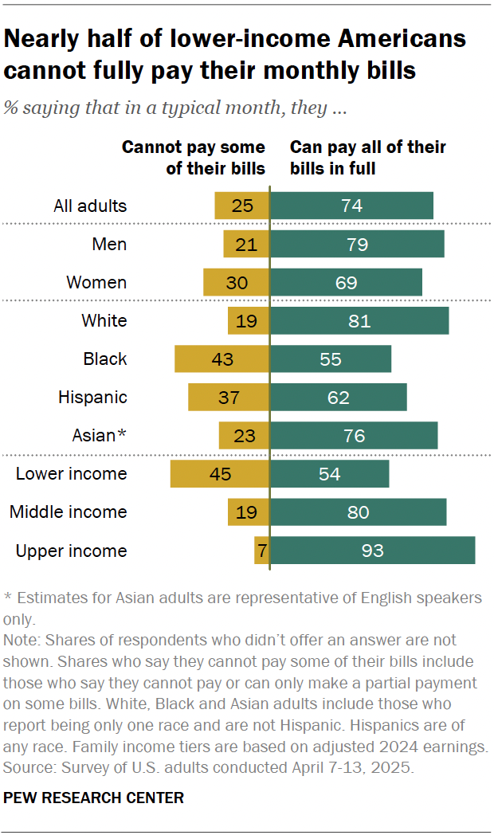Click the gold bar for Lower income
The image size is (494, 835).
pos(220,474)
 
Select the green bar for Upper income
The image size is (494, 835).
pos(373,551)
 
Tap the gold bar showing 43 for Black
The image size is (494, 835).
pos(222,359)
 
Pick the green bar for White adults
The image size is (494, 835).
pos(359,321)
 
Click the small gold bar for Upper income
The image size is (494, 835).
pos(262,551)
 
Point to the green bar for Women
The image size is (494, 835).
pos(347,283)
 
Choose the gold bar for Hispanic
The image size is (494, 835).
pos(229,398)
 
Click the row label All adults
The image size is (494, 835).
pos(90,206)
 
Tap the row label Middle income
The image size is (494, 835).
pos(68,512)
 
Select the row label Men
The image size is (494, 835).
pos(109,245)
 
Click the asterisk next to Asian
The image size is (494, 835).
pos(122,433)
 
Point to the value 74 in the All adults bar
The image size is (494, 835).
pos(351,206)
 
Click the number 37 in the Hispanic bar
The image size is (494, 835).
pos(229,398)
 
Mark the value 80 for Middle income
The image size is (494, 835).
pos(359,512)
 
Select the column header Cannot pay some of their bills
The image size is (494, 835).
pos(193,158)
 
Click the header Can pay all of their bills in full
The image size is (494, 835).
pos(367,158)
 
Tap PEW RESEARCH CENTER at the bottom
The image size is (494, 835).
pos(94,798)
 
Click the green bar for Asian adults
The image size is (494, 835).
pos(354,436)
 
